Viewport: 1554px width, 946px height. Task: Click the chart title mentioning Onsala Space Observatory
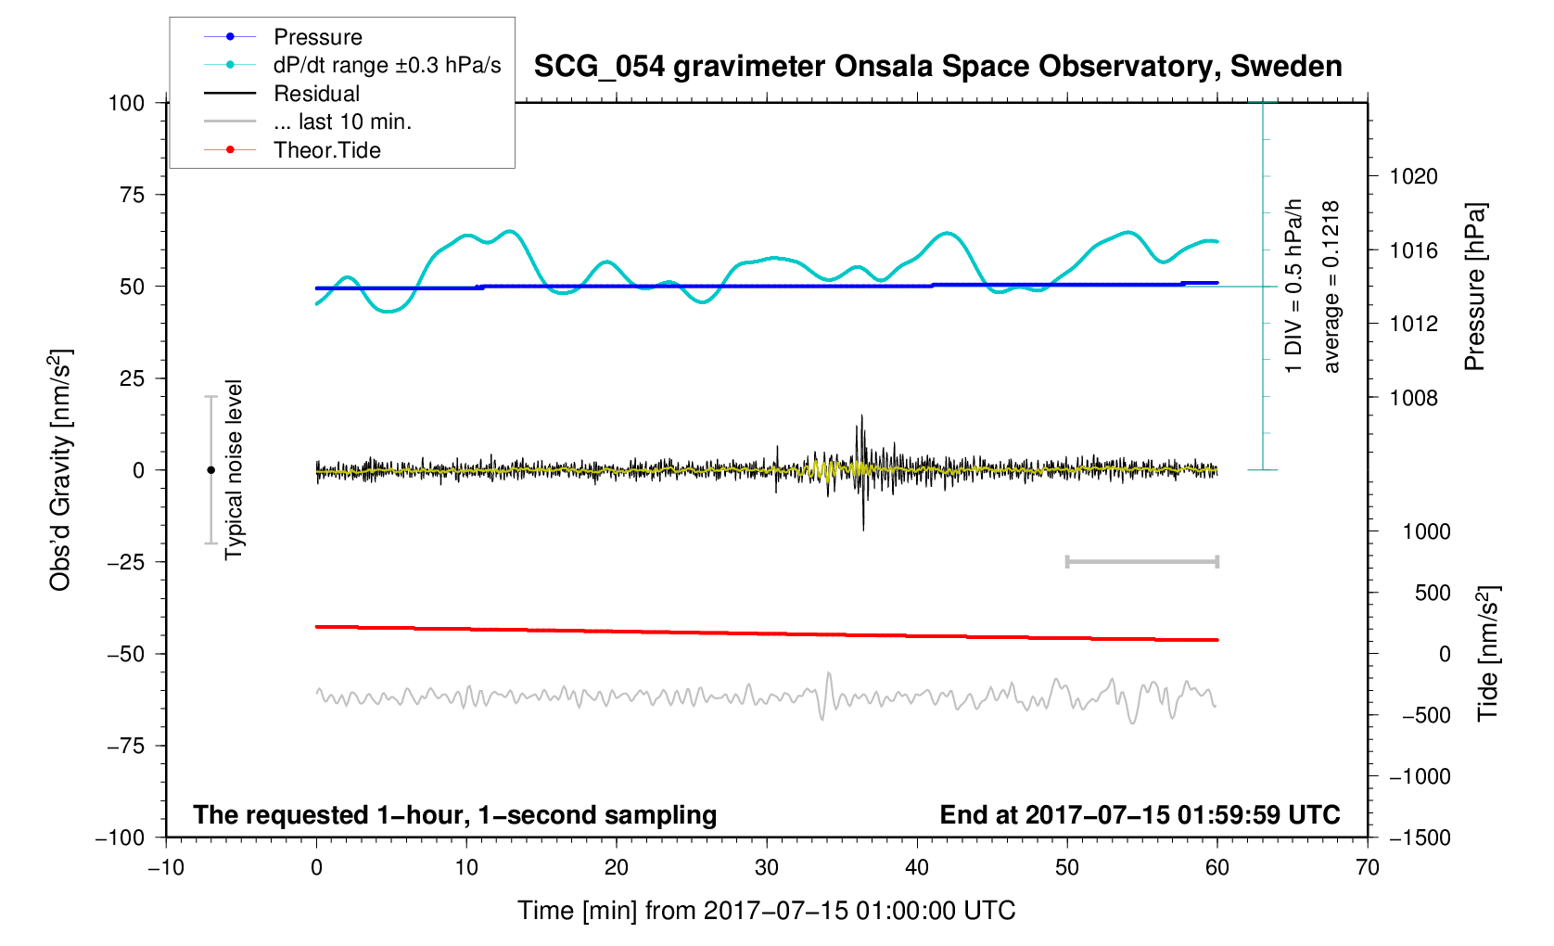(937, 67)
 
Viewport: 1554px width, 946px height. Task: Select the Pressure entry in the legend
(317, 37)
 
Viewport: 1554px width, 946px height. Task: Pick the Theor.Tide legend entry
(326, 150)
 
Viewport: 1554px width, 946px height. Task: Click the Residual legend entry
(316, 94)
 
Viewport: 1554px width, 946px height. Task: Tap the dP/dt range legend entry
(387, 65)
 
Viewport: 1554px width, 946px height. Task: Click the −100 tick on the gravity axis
(121, 837)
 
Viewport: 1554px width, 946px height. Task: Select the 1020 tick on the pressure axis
(1413, 176)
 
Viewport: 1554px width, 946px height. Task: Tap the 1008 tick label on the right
(1413, 398)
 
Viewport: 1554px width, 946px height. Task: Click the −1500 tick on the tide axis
(1419, 837)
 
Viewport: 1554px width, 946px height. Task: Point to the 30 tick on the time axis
(767, 868)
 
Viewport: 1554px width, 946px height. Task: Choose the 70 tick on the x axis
(1367, 868)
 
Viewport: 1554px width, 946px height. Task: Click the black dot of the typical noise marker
(210, 470)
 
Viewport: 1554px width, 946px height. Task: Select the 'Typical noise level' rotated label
(234, 469)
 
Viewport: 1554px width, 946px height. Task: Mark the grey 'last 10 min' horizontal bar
(1141, 562)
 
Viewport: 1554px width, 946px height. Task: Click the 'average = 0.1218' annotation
(1331, 287)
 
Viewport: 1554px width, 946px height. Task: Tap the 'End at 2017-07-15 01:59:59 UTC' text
(1140, 815)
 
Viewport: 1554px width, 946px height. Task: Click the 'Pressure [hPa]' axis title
(1474, 287)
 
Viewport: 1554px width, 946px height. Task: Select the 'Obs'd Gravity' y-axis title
(60, 470)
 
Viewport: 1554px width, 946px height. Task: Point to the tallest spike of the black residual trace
(861, 417)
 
